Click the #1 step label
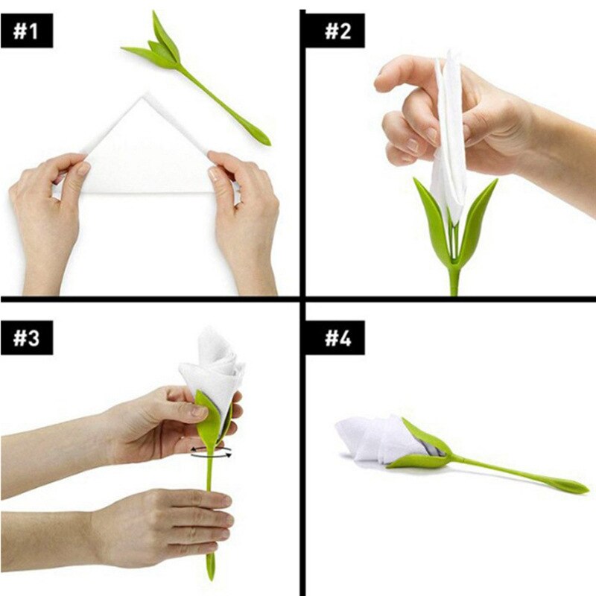27,31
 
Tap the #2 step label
336,31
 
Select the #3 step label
27,336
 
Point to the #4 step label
337,336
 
